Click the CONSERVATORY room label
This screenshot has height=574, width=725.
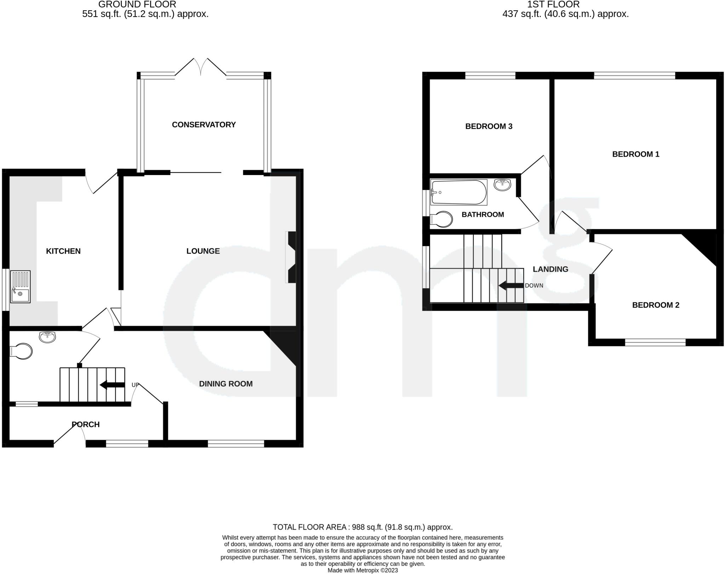(x=204, y=124)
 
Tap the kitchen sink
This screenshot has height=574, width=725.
(x=20, y=287)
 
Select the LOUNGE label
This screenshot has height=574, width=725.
(x=203, y=251)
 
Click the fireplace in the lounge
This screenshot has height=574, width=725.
(x=291, y=257)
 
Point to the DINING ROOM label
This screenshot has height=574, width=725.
(x=226, y=384)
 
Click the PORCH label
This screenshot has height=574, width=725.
(x=85, y=424)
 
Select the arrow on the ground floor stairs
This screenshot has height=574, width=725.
(x=112, y=385)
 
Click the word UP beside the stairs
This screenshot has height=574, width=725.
(x=135, y=385)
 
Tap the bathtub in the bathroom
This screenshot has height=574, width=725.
(x=458, y=192)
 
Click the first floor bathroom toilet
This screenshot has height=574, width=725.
(x=441, y=219)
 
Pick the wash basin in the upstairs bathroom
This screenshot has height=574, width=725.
(x=502, y=185)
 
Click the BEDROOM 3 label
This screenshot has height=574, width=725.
(x=489, y=126)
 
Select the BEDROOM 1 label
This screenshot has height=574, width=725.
(x=635, y=154)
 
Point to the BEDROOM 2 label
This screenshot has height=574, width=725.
(x=656, y=305)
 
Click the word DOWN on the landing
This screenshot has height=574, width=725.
(x=534, y=285)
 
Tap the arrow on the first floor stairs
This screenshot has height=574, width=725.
(x=511, y=285)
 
